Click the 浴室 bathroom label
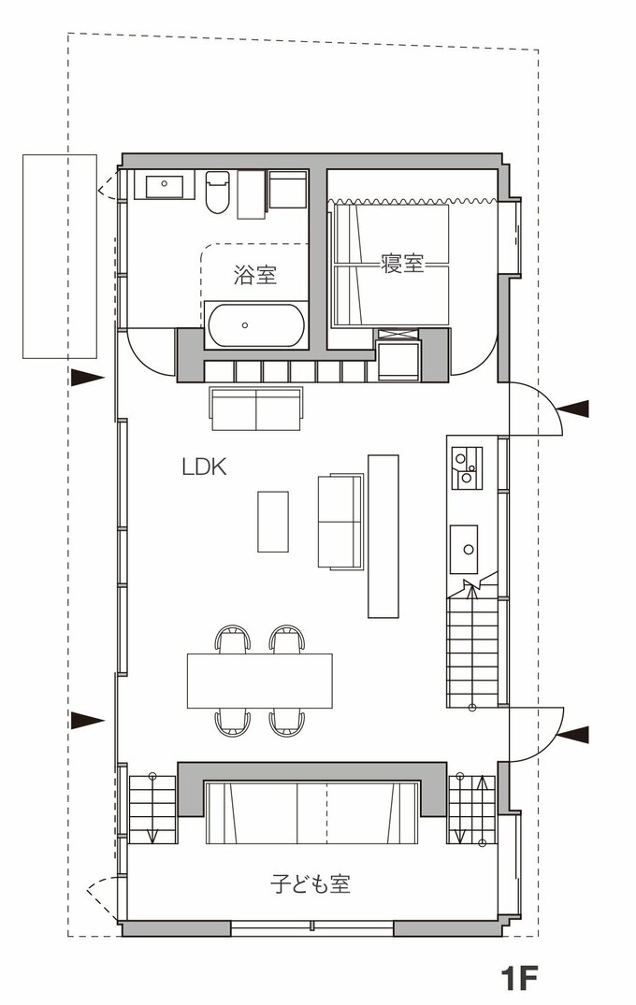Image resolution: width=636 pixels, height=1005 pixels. point(255,275)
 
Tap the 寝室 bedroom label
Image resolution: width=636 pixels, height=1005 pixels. point(402,263)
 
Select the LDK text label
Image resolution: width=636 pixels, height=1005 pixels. point(205,467)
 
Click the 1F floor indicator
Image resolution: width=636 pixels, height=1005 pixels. point(518,978)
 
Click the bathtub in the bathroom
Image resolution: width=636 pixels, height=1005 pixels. point(256,325)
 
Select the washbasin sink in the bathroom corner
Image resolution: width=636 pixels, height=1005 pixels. point(164,186)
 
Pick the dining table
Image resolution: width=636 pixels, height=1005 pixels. point(260,681)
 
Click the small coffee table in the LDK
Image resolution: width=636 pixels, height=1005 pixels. point(273,521)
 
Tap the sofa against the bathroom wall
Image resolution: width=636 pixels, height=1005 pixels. point(256,409)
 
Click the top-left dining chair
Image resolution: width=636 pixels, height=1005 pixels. point(232,639)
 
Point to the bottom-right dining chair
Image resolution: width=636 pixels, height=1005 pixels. point(286,723)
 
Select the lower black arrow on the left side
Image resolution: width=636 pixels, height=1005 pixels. point(87,721)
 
